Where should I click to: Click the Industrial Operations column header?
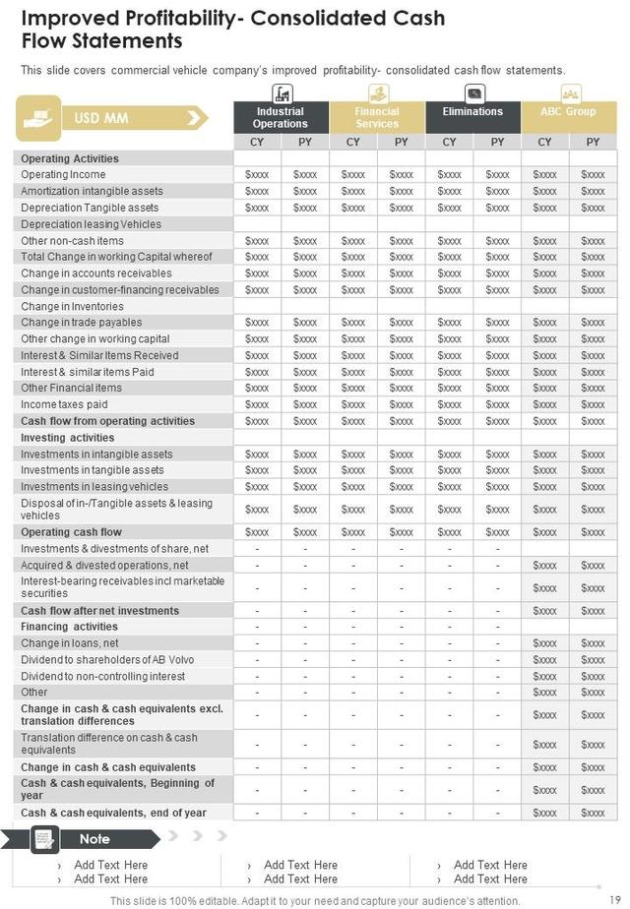point(281,117)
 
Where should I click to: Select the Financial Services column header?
point(377,117)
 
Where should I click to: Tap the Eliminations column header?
point(472,111)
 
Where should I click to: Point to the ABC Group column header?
point(569,111)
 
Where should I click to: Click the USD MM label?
point(101,119)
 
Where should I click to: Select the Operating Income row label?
point(63,175)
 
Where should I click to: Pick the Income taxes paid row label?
point(64,404)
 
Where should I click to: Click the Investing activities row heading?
point(68,438)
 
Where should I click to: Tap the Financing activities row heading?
point(69,627)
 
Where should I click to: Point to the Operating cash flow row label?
point(71,532)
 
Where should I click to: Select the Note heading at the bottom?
point(94,839)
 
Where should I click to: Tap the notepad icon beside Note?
point(43,839)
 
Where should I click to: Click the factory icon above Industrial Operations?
point(282,93)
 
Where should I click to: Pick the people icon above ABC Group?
point(570,93)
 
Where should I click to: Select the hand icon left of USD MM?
point(37,118)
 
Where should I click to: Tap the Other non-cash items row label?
point(72,241)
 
